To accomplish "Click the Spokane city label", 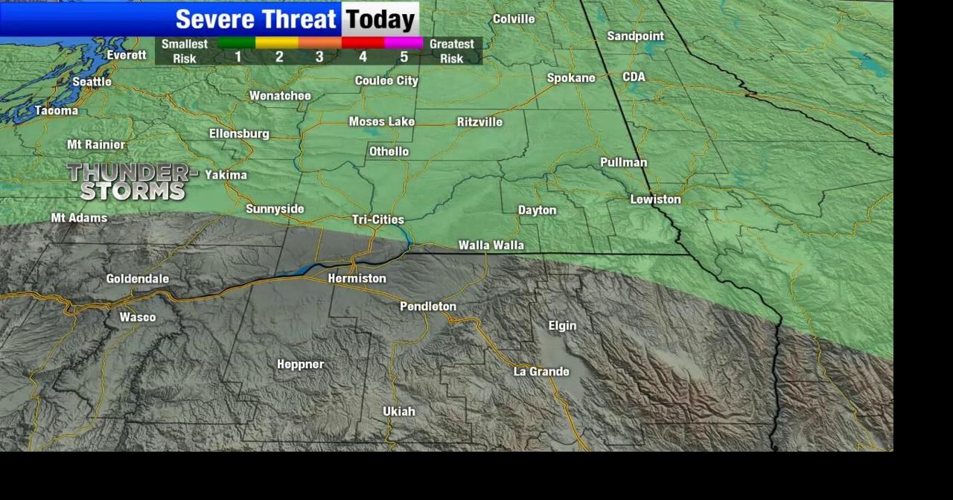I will pyautogui.click(x=571, y=78).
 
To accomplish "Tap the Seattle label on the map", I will pyautogui.click(x=92, y=82).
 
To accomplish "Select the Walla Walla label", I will pyautogui.click(x=491, y=245).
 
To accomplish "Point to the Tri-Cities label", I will pyautogui.click(x=377, y=219).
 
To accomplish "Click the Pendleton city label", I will pyautogui.click(x=427, y=307).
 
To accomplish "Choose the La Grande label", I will pyautogui.click(x=541, y=371).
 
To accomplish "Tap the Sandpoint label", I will pyautogui.click(x=635, y=36).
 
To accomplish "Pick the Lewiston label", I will pyautogui.click(x=655, y=199).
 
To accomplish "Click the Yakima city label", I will pyautogui.click(x=226, y=175).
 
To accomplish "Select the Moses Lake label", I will pyautogui.click(x=381, y=122).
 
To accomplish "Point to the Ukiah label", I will pyautogui.click(x=398, y=411).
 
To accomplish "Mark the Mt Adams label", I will pyautogui.click(x=79, y=218).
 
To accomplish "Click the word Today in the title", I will pyautogui.click(x=380, y=19).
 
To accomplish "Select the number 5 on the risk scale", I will pyautogui.click(x=404, y=57).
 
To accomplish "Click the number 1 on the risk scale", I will pyautogui.click(x=238, y=57).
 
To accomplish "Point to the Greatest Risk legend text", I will pyautogui.click(x=451, y=51).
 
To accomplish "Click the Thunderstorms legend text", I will pyautogui.click(x=133, y=182).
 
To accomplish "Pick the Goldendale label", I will pyautogui.click(x=137, y=279).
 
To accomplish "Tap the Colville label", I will pyautogui.click(x=513, y=19).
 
